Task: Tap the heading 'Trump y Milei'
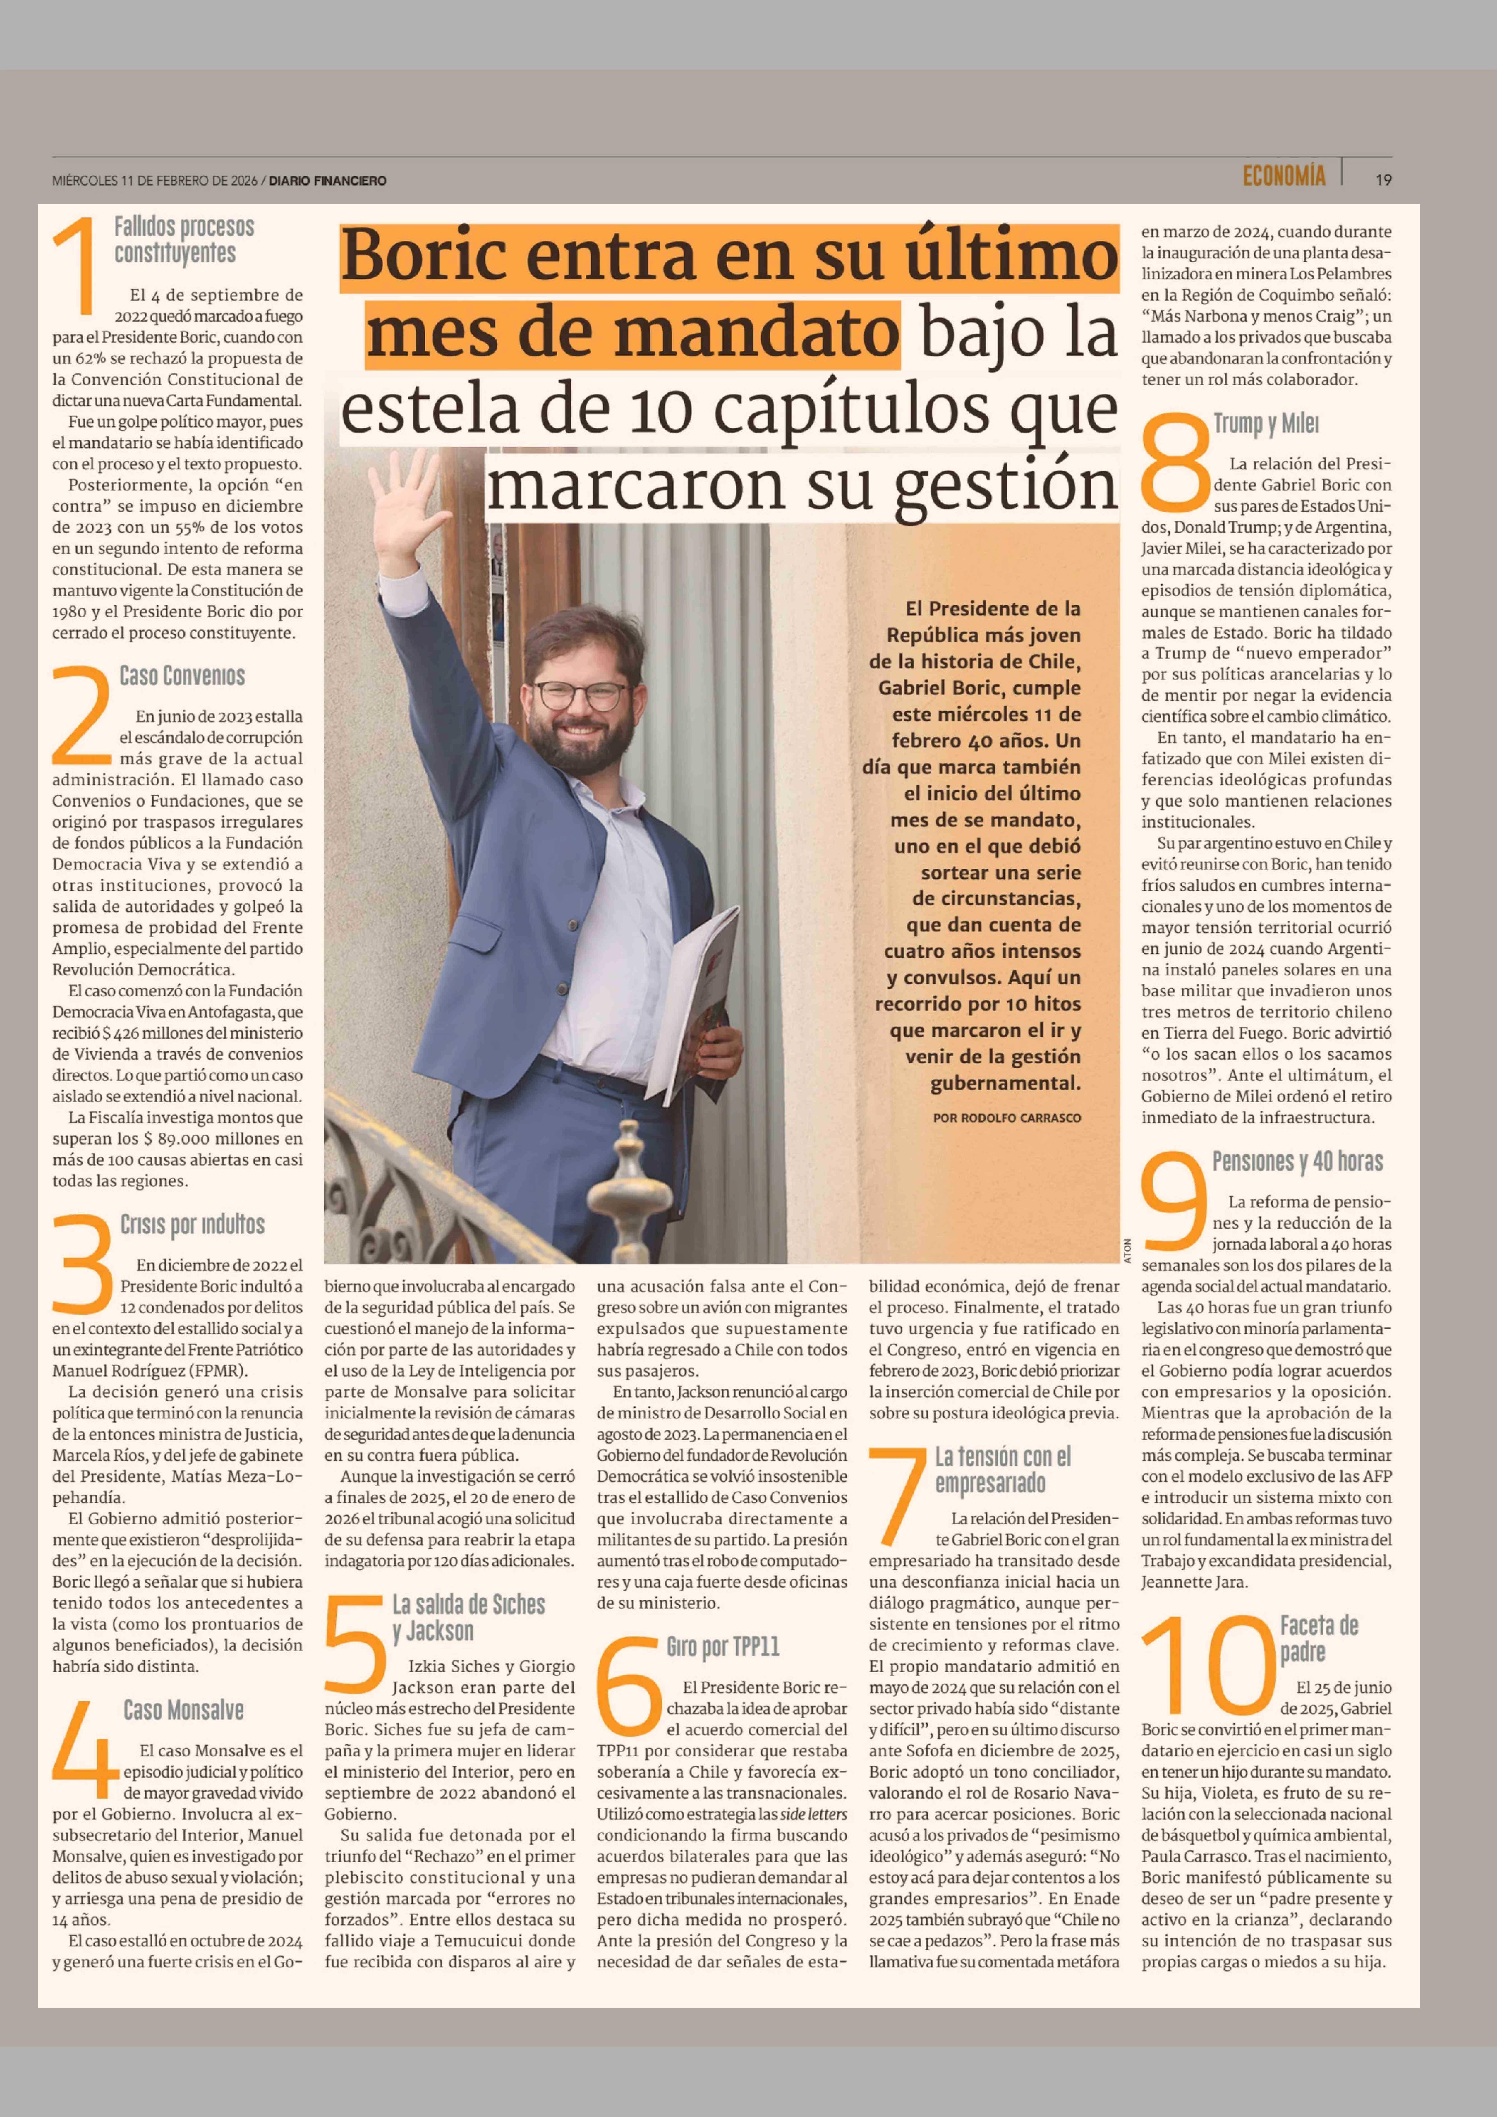(1266, 424)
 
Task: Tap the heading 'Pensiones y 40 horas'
(1297, 1162)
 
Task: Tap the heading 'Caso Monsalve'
(184, 1710)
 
